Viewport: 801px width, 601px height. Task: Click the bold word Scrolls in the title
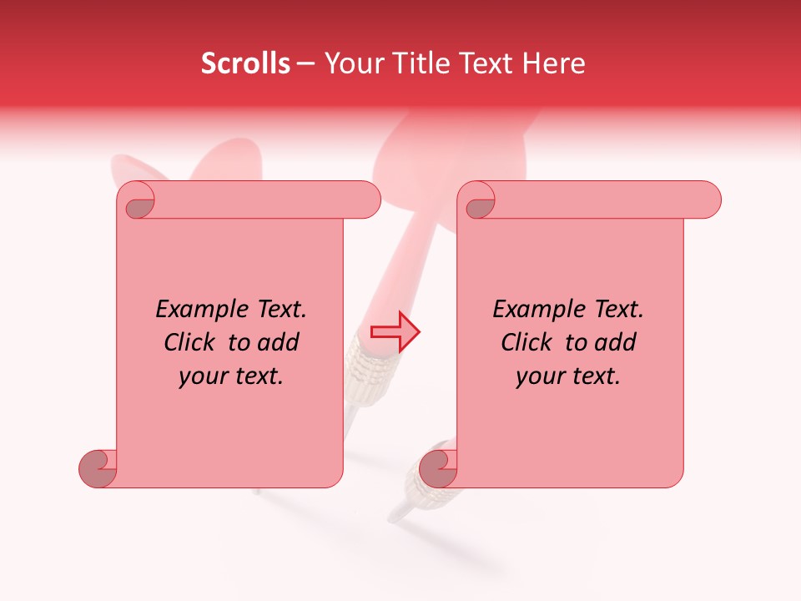coord(246,63)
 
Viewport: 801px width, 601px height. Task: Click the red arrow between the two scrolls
coord(395,331)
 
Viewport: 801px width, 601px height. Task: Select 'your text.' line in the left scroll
coord(231,376)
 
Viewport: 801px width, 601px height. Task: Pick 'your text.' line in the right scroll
coord(568,376)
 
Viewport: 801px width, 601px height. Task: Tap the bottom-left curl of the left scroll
coord(98,468)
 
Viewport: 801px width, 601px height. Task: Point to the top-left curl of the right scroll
coord(477,200)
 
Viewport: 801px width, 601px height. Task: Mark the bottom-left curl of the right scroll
coord(436,468)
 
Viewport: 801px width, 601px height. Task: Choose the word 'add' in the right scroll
coord(616,342)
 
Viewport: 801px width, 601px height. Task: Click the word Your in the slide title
coord(349,63)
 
